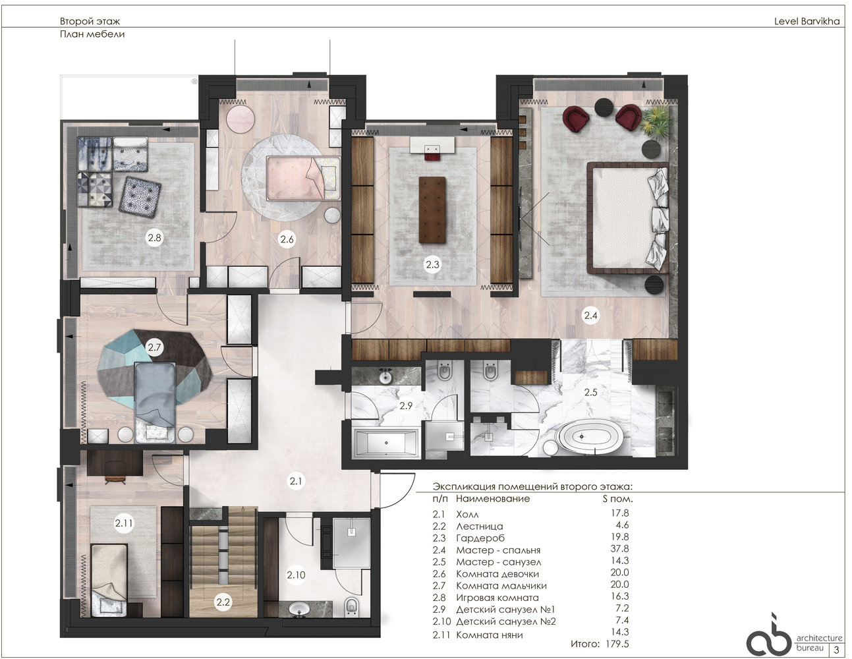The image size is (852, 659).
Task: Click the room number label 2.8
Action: point(154,237)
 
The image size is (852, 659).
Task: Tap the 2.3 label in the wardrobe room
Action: point(432,265)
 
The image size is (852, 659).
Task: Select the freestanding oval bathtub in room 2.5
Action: point(582,437)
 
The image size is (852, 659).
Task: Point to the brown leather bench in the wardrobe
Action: point(432,210)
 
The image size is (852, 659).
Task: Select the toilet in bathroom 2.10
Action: point(351,606)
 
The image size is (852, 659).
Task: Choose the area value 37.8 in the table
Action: point(619,549)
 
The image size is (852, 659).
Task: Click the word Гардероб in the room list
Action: point(480,538)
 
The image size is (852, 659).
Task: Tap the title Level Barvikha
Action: point(807,21)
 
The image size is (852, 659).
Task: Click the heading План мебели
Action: point(92,34)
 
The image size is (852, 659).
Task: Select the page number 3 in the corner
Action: point(836,650)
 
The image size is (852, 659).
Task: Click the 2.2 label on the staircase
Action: point(223,602)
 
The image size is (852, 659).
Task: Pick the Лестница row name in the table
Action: point(480,526)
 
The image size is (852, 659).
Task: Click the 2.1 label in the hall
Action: point(296,480)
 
